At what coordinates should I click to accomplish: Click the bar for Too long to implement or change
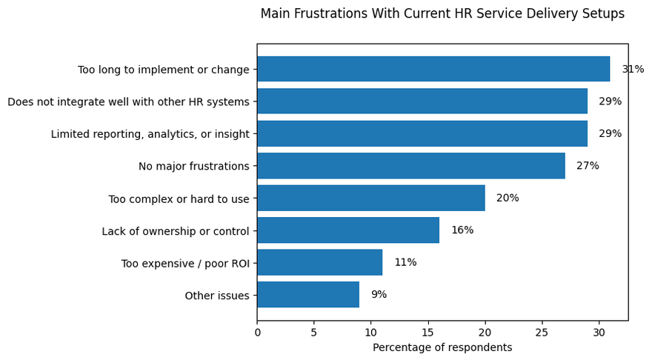[433, 69]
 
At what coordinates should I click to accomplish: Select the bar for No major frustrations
[411, 166]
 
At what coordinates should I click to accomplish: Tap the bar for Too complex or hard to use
[371, 198]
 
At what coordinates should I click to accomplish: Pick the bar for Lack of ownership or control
[348, 230]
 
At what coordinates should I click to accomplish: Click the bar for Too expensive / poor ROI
[320, 262]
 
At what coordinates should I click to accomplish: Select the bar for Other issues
[308, 294]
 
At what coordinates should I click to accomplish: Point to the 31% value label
[633, 69]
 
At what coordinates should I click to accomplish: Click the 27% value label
[588, 166]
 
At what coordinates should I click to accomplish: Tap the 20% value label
[508, 198]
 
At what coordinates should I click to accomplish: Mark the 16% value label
[462, 230]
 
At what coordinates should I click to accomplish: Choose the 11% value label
[405, 262]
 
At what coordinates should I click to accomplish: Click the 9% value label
[379, 294]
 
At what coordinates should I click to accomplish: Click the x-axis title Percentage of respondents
[442, 347]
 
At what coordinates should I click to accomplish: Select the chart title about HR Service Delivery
[442, 13]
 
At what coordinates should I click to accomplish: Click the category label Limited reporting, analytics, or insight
[150, 134]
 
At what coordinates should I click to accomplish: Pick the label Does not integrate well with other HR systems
[128, 101]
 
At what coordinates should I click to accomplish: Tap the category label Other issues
[217, 296]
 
